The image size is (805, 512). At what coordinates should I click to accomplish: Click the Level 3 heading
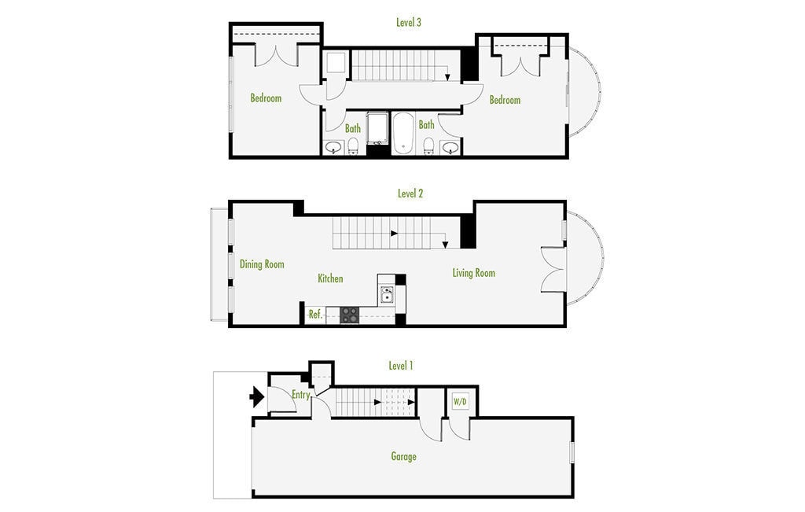pos(409,23)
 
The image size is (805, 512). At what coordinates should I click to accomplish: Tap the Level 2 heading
pos(410,193)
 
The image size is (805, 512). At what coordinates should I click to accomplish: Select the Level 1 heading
pos(401,366)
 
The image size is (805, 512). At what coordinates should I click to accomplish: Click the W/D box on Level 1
pos(460,402)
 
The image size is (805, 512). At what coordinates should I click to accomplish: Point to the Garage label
pos(403,456)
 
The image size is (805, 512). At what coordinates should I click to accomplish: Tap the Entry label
pos(300,395)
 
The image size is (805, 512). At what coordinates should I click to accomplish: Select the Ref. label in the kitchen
pos(315,314)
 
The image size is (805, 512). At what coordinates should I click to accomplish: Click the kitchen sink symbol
pos(387,294)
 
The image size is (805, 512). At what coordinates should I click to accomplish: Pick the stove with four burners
pos(349,315)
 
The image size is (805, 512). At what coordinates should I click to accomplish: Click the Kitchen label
pos(330,278)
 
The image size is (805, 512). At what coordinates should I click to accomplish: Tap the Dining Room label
pos(262,264)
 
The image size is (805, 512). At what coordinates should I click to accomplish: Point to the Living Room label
pos(474,273)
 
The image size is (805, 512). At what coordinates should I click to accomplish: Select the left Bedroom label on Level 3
pos(266,98)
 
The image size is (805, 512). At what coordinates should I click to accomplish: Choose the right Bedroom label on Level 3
pos(505,100)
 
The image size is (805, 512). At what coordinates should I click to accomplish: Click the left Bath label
pos(353,128)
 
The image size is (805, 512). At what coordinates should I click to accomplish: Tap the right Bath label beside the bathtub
pos(426,125)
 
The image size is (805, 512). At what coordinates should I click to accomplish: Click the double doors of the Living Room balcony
pos(553,270)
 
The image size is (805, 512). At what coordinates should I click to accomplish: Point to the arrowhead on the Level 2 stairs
pos(446,244)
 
